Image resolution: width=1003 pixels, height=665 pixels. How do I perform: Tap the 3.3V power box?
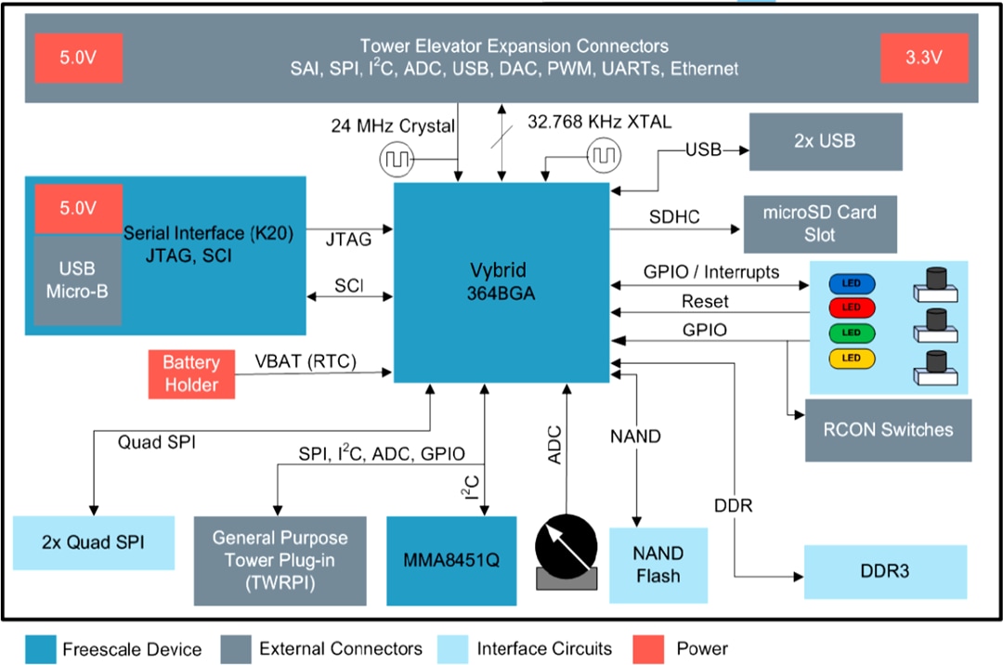923,57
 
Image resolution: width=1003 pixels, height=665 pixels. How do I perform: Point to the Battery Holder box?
190,373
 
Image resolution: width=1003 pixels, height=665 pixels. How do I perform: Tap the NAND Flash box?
658,565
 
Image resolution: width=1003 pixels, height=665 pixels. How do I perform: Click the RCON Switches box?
888,430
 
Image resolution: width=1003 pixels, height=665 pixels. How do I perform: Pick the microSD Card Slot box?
819,224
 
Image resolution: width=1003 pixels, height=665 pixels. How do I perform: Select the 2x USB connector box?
825,142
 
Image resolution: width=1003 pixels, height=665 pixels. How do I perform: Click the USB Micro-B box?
77,280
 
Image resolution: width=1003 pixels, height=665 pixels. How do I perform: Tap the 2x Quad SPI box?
93,542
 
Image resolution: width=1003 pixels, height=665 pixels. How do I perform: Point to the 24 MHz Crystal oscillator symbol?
396,160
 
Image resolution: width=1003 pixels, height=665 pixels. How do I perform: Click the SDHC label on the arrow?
674,216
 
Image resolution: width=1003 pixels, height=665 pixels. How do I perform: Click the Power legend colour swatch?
648,648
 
